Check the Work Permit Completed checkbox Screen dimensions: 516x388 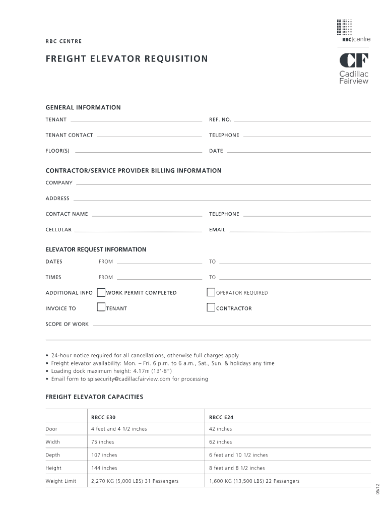pyautogui.click(x=101, y=292)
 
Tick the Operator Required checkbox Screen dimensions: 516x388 pyautogui.click(x=211, y=292)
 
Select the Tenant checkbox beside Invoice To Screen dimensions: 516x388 pyautogui.click(x=101, y=307)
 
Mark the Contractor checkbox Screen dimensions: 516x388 pyautogui.click(x=211, y=307)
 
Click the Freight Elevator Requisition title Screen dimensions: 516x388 pyautogui.click(x=126, y=59)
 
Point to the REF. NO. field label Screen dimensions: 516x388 pyautogui.click(x=220, y=119)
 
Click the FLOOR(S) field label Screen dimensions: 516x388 pyautogui.click(x=57, y=151)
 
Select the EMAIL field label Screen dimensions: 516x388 pyautogui.click(x=217, y=230)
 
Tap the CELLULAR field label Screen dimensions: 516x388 pyautogui.click(x=58, y=230)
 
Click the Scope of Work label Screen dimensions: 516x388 pyautogui.click(x=67, y=324)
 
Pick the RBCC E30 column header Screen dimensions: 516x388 pyautogui.click(x=103, y=417)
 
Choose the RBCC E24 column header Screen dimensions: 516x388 pyautogui.click(x=221, y=417)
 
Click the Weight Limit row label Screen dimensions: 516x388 pyautogui.click(x=61, y=481)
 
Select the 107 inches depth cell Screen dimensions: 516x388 pyautogui.click(x=104, y=455)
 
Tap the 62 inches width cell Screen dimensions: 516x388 pyautogui.click(x=221, y=442)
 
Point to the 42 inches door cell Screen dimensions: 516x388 pyautogui.click(x=221, y=429)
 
